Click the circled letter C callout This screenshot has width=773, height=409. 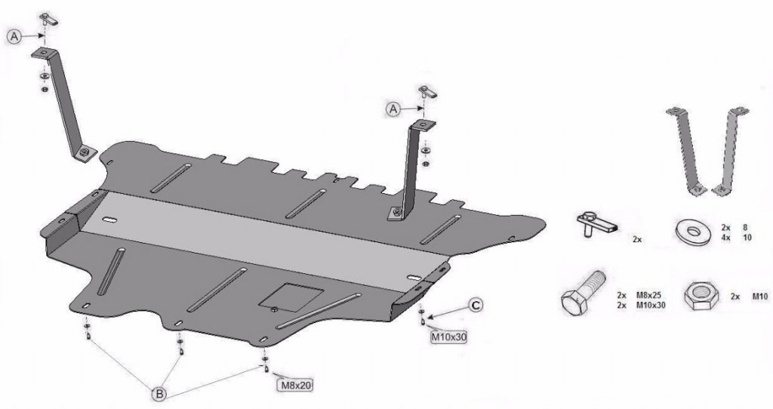[x=475, y=306]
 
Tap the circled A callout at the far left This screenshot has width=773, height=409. [x=15, y=36]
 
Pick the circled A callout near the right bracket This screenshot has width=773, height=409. [x=393, y=109]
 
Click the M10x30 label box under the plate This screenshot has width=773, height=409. [x=448, y=337]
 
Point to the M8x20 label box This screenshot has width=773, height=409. [x=296, y=385]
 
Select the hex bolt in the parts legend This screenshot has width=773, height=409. [x=584, y=294]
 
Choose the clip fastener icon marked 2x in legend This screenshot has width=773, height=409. [x=596, y=224]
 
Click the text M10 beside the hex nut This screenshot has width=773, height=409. [x=759, y=297]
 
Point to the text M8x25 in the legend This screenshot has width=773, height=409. [x=648, y=296]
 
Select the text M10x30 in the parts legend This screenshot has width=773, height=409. [x=650, y=305]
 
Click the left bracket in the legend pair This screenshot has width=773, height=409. [x=685, y=151]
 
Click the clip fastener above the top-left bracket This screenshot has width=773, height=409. [x=48, y=20]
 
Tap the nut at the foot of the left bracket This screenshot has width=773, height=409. [x=85, y=152]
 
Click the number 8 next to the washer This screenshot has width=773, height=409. [x=745, y=228]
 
